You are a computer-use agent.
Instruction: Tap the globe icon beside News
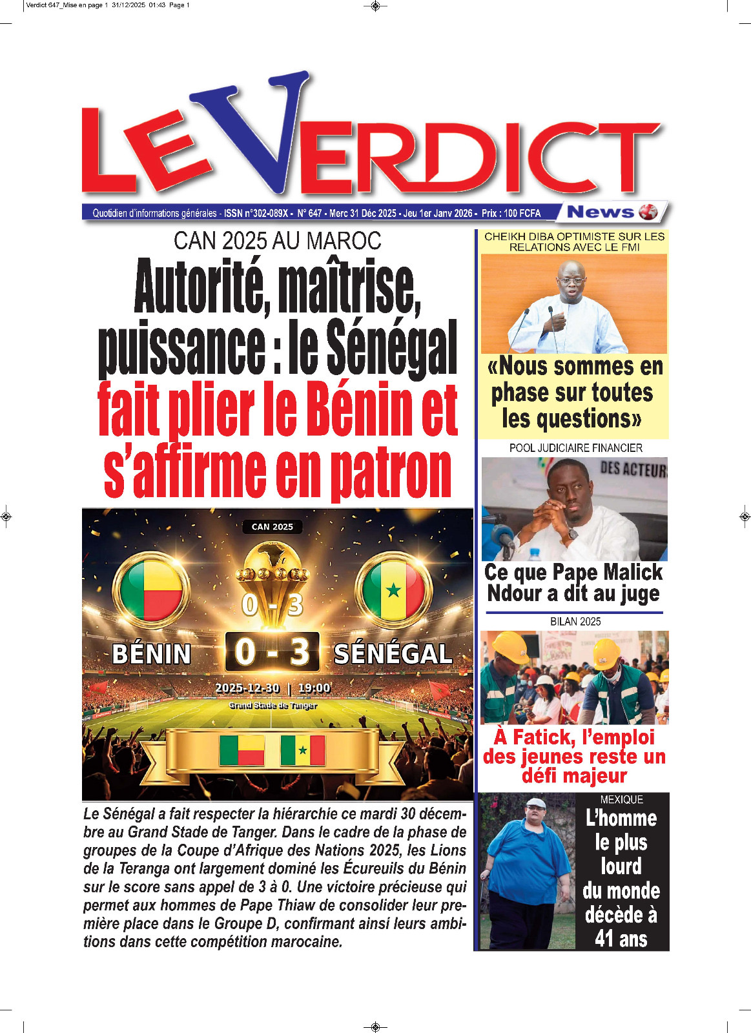click(x=648, y=212)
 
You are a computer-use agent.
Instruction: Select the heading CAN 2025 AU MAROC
click(x=277, y=241)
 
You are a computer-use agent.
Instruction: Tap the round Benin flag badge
click(x=151, y=589)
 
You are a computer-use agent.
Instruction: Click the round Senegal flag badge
click(x=393, y=589)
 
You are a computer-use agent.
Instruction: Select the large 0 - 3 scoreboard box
click(x=272, y=651)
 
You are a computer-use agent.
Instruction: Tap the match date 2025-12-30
click(x=247, y=688)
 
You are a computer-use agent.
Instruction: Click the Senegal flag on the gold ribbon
click(x=302, y=750)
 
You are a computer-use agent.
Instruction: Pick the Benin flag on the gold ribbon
click(x=242, y=750)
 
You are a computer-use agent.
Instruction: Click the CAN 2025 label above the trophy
click(x=272, y=527)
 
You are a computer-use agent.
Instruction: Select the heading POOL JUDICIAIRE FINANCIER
click(x=575, y=447)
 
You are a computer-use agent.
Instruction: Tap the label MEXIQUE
click(x=621, y=799)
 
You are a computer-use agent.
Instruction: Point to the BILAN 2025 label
click(x=575, y=621)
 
